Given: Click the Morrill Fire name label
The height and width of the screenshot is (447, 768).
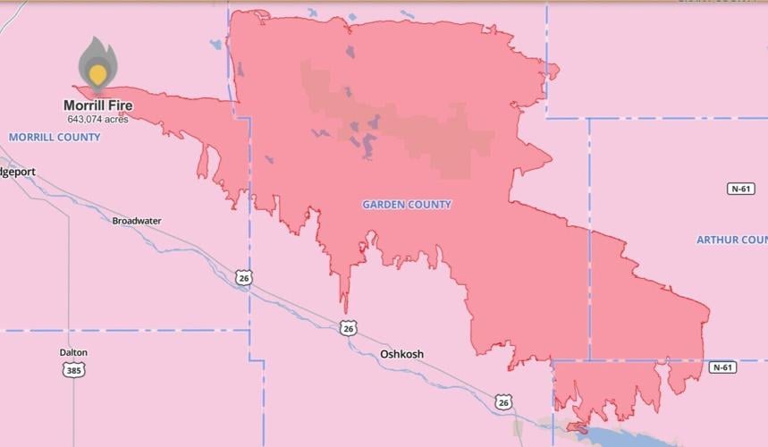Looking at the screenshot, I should tap(97, 105).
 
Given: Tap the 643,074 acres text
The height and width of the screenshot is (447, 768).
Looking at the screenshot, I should tap(97, 119).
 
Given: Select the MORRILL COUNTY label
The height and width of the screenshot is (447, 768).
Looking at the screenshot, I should tap(55, 137).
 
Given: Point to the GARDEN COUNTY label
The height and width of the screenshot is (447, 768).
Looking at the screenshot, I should tap(407, 205).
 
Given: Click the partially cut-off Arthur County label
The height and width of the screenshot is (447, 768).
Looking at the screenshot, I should tap(731, 240).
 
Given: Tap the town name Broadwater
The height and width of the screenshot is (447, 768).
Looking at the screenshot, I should tap(137, 221).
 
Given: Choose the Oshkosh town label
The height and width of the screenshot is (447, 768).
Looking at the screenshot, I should tap(401, 354).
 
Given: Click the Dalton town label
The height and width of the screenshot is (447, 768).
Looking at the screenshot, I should tap(73, 352).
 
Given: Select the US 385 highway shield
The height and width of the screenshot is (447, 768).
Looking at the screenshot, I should tap(74, 368).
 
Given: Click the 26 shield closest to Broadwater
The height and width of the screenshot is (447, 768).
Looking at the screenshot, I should tap(243, 278).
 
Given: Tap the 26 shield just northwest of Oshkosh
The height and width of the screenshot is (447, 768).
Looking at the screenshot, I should tap(348, 329).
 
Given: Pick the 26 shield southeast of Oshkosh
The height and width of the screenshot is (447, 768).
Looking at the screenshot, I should tap(504, 402).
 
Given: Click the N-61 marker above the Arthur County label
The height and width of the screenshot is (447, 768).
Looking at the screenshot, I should tap(741, 189).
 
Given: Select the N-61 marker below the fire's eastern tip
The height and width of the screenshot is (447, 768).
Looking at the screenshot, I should tap(723, 367).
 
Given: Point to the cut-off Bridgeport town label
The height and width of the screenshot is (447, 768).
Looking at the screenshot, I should tap(17, 172).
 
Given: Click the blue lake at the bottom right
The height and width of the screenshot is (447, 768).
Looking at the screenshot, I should tap(626, 435).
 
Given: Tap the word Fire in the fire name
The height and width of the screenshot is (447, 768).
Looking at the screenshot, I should tap(121, 105).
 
